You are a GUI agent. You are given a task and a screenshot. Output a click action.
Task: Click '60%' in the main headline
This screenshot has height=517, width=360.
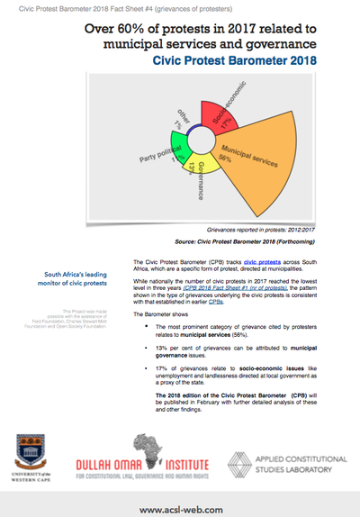click(x=141, y=27)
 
